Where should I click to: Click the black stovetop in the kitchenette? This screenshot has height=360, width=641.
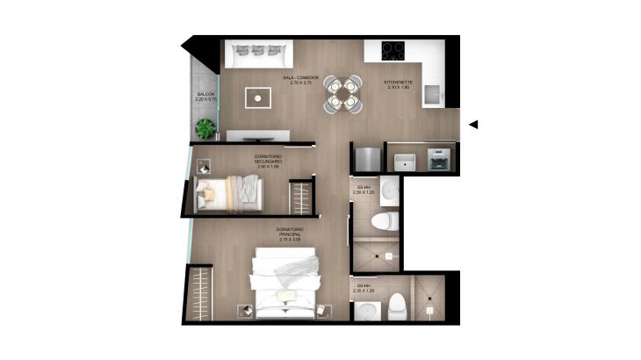[x=393, y=50]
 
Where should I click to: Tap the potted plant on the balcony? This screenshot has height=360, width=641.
[x=205, y=129]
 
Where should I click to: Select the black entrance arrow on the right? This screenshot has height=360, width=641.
[x=472, y=125]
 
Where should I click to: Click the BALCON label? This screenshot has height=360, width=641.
[x=205, y=97]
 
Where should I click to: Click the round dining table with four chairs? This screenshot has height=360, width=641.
[x=342, y=94]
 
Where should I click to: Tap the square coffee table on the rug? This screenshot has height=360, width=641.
[x=257, y=97]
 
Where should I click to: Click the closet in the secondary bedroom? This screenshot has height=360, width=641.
[x=302, y=197]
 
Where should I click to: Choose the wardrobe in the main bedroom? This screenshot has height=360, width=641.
[x=199, y=293]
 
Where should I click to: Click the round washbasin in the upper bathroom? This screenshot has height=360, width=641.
[x=391, y=191]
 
